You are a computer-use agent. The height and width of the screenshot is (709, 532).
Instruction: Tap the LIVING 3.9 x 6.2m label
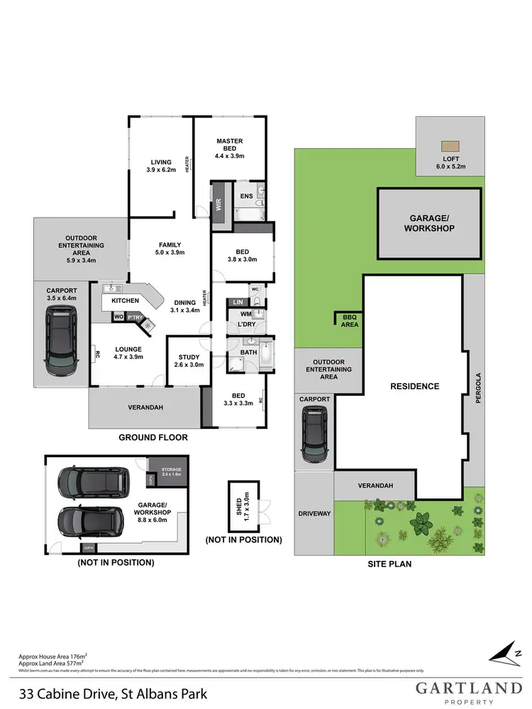160,165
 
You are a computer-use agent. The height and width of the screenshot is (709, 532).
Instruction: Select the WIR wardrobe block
219,205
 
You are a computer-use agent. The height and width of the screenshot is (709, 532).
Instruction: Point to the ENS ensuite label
247,196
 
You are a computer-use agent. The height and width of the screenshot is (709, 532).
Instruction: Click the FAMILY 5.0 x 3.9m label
170,248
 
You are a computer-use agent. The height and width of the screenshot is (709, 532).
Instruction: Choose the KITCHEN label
125,301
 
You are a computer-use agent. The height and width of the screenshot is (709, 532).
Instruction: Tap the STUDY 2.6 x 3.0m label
189,361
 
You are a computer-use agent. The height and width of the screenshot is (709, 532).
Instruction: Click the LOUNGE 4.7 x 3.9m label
128,352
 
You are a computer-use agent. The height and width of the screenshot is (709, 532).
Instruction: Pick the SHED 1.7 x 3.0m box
243,506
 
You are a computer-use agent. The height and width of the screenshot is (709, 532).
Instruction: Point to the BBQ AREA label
350,320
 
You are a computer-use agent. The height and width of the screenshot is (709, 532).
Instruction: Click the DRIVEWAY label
314,513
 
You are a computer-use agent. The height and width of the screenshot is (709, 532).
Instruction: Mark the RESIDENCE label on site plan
415,386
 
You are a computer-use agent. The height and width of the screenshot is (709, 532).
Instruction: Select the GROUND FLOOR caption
153,437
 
